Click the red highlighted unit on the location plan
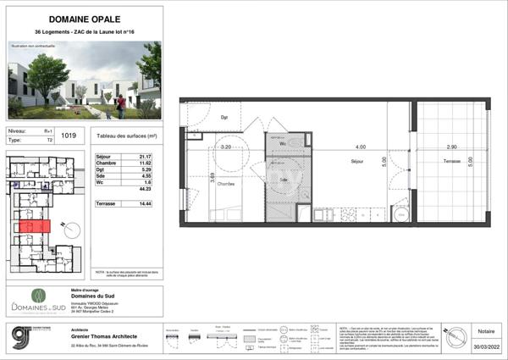[x=32, y=227]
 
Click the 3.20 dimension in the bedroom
[x=226, y=147]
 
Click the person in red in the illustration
[x=120, y=101]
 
